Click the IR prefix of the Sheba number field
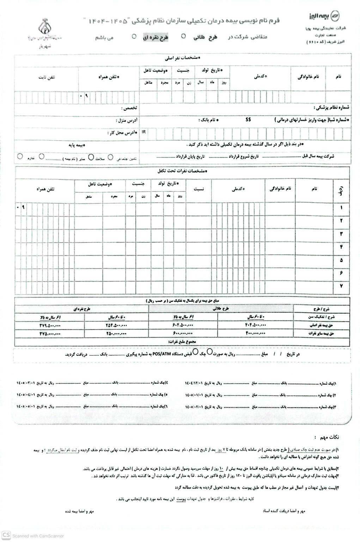point(144,132)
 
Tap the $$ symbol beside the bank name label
point(248,120)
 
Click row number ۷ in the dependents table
point(341,286)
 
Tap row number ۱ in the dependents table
point(341,208)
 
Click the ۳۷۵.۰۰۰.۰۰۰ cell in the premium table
point(50,333)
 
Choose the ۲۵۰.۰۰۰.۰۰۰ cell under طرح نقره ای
point(116,333)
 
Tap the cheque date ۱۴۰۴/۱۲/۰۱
point(194,383)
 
